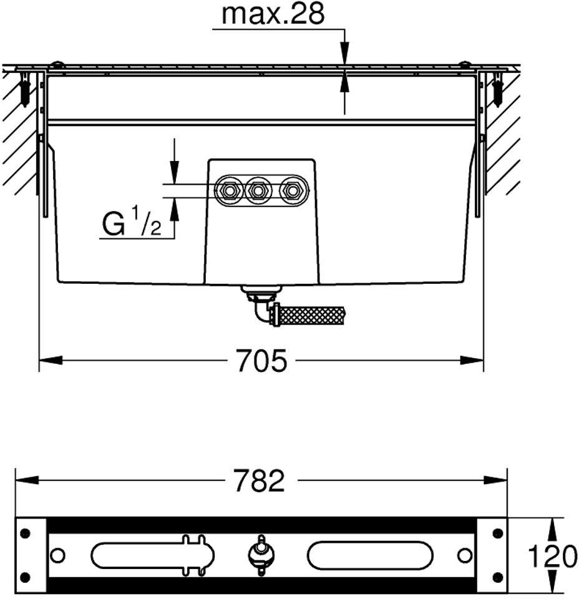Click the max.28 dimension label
pyautogui.click(x=273, y=14)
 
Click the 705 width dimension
pyautogui.click(x=261, y=360)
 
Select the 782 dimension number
pyautogui.click(x=260, y=480)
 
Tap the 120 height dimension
pyautogui.click(x=552, y=556)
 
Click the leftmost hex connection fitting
pyautogui.click(x=229, y=190)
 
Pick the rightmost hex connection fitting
pyautogui.click(x=292, y=190)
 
